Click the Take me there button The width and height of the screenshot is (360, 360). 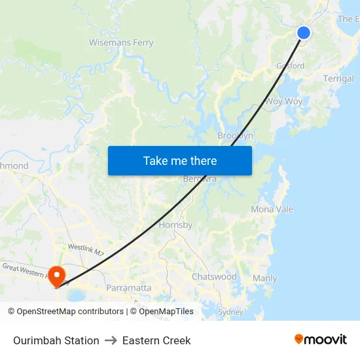[180, 160]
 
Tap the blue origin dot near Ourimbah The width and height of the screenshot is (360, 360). [304, 33]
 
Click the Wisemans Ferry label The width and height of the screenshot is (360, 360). [121, 43]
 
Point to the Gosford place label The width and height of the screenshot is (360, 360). [290, 66]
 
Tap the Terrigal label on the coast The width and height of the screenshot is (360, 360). [338, 79]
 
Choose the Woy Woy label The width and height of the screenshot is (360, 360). [283, 101]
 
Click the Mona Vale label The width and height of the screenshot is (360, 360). [272, 209]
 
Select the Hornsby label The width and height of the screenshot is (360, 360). [175, 225]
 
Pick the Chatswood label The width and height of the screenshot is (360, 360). [214, 277]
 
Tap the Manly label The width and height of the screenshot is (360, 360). [265, 278]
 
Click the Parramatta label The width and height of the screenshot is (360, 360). [128, 287]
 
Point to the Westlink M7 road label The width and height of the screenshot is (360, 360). [86, 249]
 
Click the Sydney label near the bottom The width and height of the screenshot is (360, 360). [230, 312]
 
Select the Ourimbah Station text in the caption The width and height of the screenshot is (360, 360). [56, 340]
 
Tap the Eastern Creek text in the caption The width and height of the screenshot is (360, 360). [156, 340]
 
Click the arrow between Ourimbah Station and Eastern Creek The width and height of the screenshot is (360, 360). [111, 340]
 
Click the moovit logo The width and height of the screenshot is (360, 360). [321, 340]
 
